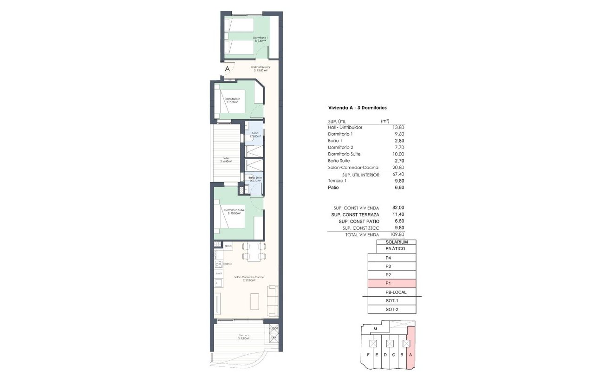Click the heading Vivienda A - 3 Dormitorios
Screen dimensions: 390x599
tap(358, 108)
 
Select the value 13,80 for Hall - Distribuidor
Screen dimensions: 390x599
tap(398, 127)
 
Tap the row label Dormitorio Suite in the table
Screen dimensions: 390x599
tap(344, 154)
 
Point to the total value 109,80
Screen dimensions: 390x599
tap(397, 235)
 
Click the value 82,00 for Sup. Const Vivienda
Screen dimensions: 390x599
tap(398, 208)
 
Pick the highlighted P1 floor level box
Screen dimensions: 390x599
tap(391, 283)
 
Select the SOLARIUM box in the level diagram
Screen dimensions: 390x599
tap(397, 242)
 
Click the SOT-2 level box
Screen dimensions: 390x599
tap(391, 309)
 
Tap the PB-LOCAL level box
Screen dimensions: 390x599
tap(396, 292)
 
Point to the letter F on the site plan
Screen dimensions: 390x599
tap(368, 356)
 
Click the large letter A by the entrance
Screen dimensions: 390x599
tap(227, 69)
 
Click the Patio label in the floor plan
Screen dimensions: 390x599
tap(226, 158)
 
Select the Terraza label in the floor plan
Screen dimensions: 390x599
tap(244, 336)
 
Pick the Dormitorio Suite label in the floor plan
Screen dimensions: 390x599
tap(234, 210)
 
